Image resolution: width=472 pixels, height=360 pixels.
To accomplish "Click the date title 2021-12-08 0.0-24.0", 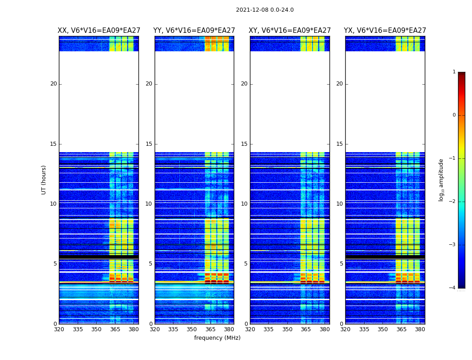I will point(265,10).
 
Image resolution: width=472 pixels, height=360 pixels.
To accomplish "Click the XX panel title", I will point(98,31).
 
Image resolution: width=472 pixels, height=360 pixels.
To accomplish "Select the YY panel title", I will point(194,31).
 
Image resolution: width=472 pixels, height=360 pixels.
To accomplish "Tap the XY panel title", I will point(289,31).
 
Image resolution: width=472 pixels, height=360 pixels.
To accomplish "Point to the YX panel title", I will point(385,31).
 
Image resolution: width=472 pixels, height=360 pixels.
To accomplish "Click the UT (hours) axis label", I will point(44,180).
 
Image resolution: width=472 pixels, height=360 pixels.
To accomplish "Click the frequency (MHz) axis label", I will point(217,338).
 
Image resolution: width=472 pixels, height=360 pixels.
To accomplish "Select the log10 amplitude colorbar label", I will point(441,180).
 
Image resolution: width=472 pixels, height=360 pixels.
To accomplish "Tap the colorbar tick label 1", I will point(454,72).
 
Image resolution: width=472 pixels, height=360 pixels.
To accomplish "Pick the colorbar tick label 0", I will point(454,115).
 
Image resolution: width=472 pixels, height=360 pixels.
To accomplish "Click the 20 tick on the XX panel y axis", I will point(53,84).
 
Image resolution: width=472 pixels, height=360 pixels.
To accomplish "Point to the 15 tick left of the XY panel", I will point(245,144).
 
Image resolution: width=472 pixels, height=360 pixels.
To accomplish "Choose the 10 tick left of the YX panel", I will point(340,204).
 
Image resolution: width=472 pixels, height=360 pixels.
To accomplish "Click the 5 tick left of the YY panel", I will point(151,264).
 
